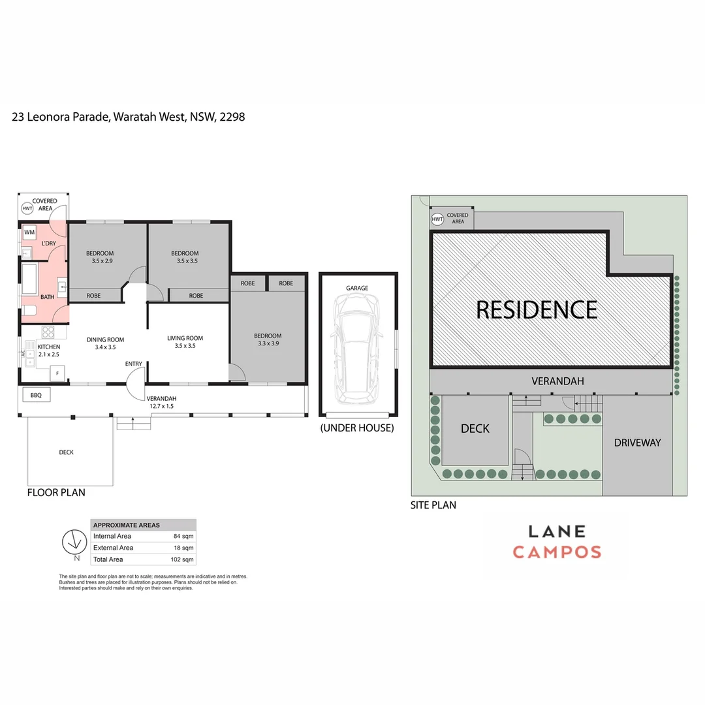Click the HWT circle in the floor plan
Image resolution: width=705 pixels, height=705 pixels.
point(27,209)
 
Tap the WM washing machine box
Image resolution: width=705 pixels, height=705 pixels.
point(29,232)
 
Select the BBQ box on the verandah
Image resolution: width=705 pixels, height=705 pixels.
point(36,395)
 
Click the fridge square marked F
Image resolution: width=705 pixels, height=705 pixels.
point(57,373)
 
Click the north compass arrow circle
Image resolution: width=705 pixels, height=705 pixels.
point(74,541)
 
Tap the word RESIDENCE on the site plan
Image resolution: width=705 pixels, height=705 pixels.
point(537,309)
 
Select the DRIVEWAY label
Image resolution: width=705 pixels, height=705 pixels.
point(637,443)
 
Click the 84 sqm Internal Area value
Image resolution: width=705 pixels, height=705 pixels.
point(183,536)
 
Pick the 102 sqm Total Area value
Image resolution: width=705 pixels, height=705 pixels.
point(182,559)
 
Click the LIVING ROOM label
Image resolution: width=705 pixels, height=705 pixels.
point(185,338)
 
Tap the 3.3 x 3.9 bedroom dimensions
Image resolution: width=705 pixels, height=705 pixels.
point(268,343)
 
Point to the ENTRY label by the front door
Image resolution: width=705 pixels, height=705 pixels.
point(134,364)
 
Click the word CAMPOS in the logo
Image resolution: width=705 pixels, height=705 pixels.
point(557,552)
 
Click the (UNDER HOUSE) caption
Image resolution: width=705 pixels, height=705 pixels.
point(357,428)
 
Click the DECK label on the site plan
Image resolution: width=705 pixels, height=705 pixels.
point(475,428)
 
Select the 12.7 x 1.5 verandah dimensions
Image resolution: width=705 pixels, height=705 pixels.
point(160,406)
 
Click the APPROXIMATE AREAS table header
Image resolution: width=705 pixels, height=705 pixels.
point(127,525)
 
